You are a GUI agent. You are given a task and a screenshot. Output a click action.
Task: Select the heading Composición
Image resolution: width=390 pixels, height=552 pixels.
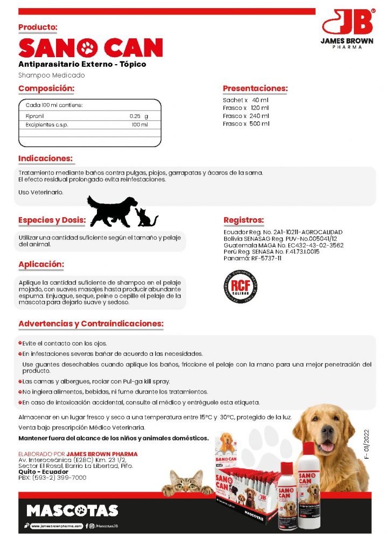click(46, 88)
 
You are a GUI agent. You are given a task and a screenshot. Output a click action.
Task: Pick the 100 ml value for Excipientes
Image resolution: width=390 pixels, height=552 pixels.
click(140, 125)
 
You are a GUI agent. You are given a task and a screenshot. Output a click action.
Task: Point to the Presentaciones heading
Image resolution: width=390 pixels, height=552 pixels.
click(255, 88)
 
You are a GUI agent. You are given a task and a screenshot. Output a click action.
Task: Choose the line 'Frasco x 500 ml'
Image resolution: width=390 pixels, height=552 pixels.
click(246, 124)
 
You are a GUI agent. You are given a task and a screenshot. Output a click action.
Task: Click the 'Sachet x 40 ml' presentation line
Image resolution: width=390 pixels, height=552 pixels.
click(246, 100)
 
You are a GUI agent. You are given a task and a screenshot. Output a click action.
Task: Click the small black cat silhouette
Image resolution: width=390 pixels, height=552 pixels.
click(146, 217)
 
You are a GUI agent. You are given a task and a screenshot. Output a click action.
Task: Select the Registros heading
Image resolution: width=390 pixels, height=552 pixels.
click(243, 220)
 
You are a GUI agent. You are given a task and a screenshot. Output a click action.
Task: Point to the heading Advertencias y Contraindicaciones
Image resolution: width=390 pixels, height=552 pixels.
click(90, 324)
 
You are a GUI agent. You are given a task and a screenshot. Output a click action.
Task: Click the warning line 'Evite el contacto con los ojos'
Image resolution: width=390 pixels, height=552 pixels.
click(65, 343)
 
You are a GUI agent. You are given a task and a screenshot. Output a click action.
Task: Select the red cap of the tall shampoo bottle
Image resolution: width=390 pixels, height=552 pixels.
click(309, 448)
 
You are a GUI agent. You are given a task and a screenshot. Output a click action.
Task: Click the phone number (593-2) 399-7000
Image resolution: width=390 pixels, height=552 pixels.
click(59, 478)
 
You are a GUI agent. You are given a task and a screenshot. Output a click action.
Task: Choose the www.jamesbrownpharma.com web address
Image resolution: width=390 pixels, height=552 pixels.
click(57, 526)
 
